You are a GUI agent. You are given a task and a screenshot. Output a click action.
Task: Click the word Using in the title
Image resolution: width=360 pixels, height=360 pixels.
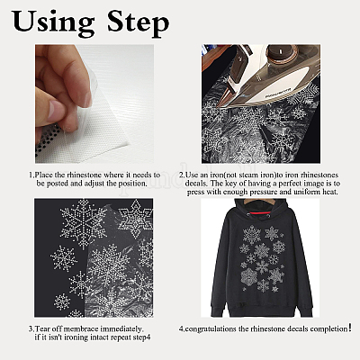53,22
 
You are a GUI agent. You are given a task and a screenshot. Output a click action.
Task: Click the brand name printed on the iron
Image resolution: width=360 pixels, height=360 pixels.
278,92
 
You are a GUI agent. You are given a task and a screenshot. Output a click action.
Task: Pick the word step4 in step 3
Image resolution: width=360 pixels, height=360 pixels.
141,337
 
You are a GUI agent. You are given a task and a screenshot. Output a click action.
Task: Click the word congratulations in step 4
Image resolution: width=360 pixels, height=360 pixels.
211,329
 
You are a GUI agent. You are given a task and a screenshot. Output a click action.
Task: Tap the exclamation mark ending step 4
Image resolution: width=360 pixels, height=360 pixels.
350,328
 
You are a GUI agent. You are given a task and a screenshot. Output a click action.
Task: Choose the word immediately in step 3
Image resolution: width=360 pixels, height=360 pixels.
122,328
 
